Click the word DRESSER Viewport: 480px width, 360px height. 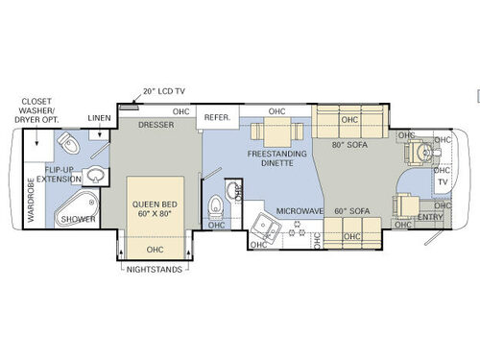(155, 124)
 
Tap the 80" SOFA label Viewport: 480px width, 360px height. (349, 146)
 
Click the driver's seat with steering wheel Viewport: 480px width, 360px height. (419, 153)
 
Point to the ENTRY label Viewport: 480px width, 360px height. (430, 218)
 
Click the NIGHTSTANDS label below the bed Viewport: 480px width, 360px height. (155, 270)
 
